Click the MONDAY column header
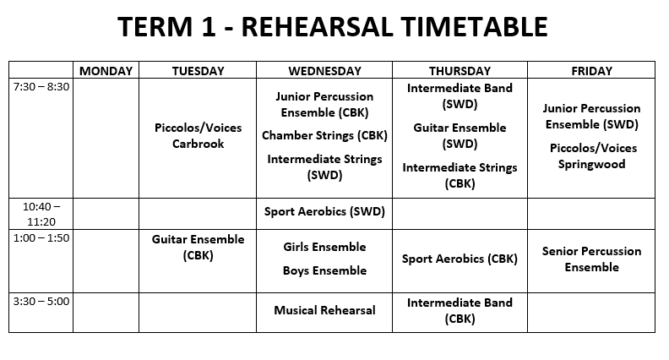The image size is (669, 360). (106, 71)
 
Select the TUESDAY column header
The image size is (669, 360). (198, 71)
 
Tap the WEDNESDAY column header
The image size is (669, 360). (324, 71)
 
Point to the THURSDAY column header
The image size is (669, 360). (460, 71)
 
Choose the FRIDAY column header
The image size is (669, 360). (592, 71)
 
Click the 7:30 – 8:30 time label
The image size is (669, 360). (41, 87)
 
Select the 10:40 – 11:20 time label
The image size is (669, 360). (41, 214)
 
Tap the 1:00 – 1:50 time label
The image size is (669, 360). (41, 237)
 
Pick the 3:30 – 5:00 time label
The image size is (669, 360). (41, 301)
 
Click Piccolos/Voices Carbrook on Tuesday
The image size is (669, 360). (198, 136)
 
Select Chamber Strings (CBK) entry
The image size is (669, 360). (324, 135)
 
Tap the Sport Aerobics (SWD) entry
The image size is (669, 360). (324, 211)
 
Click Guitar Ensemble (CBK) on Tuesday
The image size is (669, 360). (198, 248)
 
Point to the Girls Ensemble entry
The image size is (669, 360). (324, 247)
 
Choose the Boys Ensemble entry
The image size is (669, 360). (324, 270)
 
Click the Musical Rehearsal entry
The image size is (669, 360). (324, 310)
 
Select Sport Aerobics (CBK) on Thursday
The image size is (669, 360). (460, 259)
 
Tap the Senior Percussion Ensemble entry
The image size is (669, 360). (592, 259)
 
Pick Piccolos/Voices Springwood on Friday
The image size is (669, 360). (592, 155)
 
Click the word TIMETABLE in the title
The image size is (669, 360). (474, 26)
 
